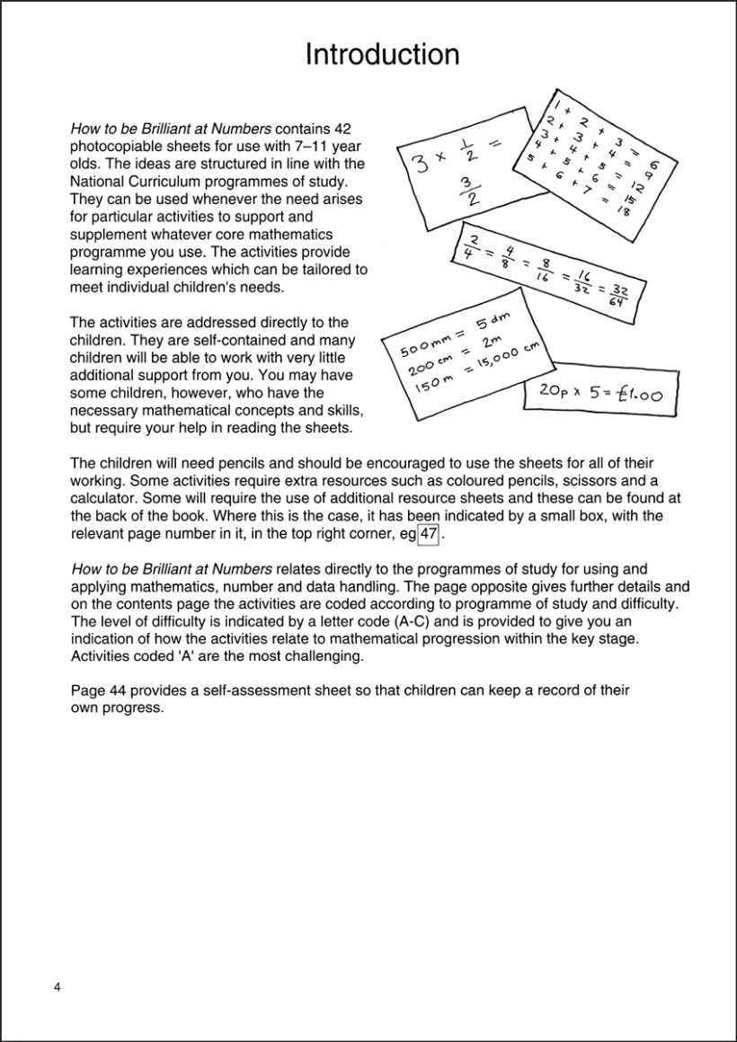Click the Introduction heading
[x=382, y=55]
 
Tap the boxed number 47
[x=430, y=534]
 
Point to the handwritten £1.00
[x=639, y=392]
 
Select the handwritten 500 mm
[x=417, y=347]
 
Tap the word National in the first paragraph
[x=97, y=181]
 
